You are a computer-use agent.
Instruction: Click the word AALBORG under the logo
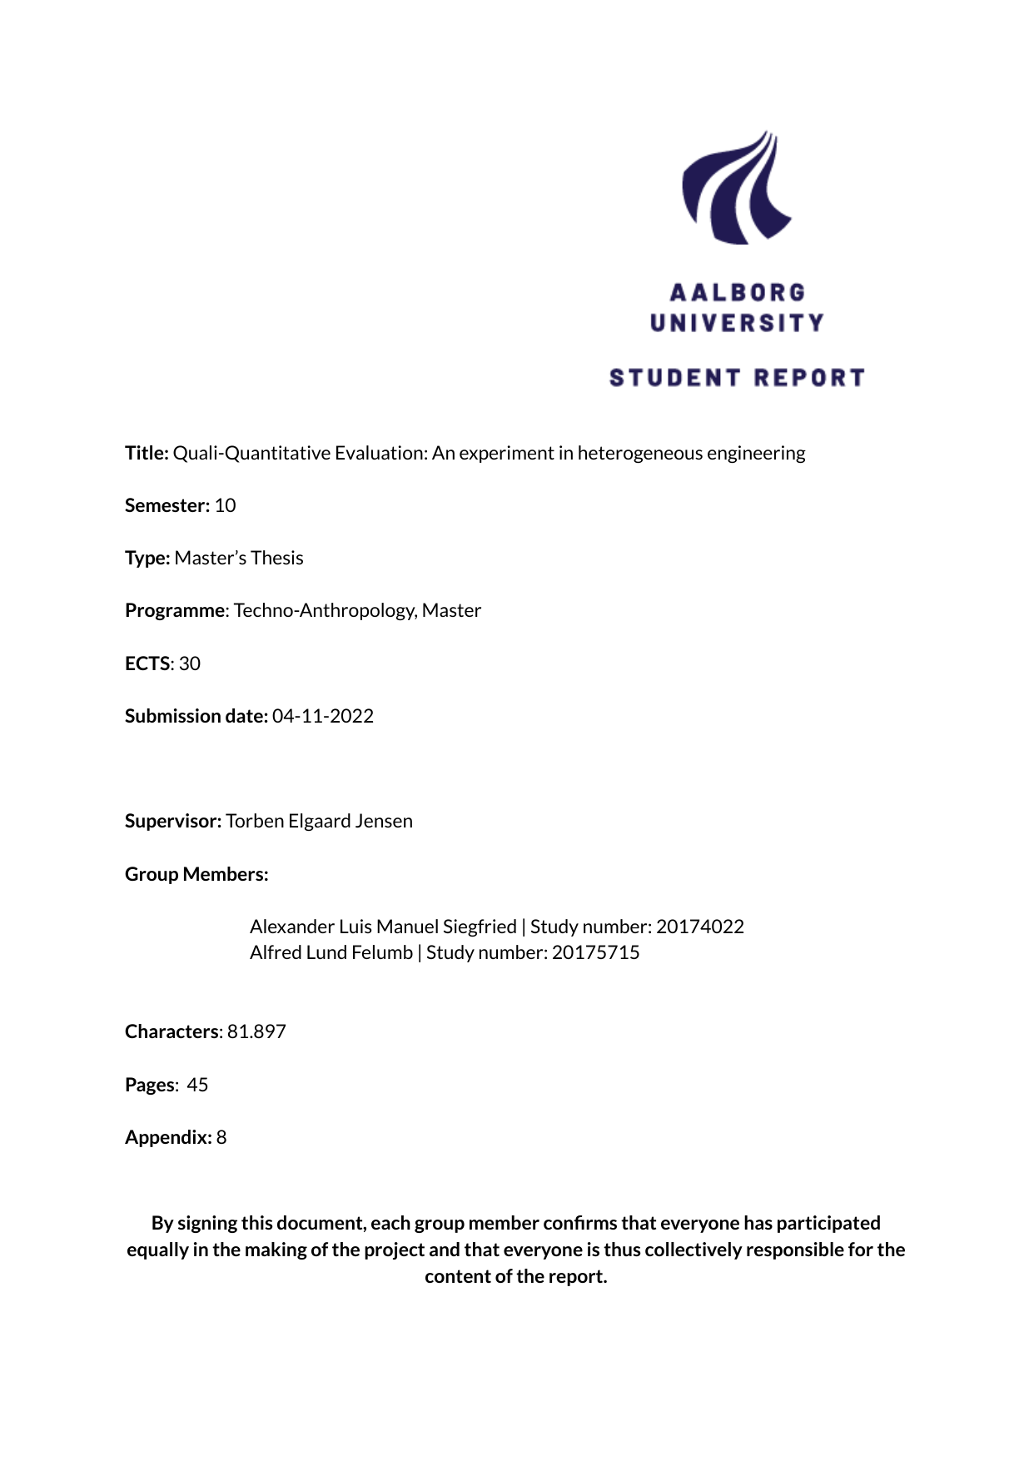coord(738,293)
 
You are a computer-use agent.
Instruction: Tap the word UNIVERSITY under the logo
coord(738,323)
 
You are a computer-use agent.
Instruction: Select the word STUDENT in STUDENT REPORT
coord(674,378)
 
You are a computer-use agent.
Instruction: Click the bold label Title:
coord(147,453)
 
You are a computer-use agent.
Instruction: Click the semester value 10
coord(225,505)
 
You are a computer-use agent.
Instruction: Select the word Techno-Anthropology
coord(325,610)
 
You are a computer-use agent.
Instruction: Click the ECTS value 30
coord(190,663)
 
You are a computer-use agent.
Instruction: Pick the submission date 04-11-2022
coord(323,716)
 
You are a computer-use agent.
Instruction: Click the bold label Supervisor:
coord(173,821)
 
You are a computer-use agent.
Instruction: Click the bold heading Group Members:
coord(196,874)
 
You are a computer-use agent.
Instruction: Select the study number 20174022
coord(700,927)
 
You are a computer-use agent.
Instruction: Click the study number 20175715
coord(596,952)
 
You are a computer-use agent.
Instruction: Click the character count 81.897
coord(256,1031)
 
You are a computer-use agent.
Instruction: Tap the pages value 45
coord(197,1085)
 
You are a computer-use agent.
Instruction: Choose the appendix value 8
coord(221,1137)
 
